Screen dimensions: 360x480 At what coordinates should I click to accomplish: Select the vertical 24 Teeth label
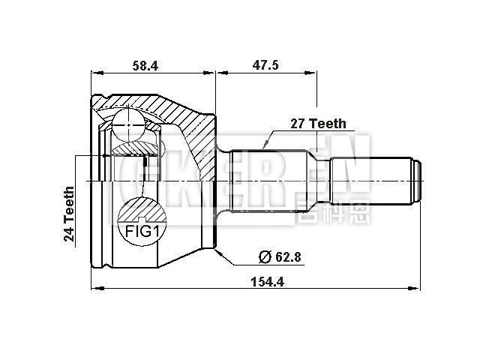pos(69,214)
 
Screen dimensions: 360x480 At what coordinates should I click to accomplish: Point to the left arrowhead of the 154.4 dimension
pos(94,288)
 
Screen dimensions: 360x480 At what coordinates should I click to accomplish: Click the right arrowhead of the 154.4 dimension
pos(417,288)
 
